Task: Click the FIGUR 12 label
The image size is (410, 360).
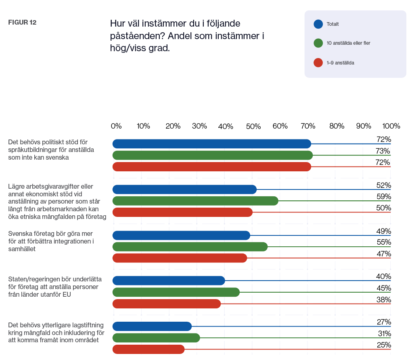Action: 22,23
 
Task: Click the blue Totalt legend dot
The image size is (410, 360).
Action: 318,24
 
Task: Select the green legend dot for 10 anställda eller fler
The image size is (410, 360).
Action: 318,43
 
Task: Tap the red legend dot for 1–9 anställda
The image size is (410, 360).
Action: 318,63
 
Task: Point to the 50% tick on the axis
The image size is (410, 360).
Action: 253,127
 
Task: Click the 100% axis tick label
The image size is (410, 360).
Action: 391,126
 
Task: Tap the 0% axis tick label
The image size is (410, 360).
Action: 116,126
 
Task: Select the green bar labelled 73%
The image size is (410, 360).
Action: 213,155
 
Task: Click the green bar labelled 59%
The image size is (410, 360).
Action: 195,201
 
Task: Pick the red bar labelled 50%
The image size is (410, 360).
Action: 182,212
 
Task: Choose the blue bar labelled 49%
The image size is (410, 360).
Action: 182,235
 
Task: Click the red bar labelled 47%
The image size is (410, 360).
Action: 180,258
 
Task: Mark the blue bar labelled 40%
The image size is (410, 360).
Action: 169,281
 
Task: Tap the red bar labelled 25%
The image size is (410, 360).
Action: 149,349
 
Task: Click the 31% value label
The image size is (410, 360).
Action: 384,334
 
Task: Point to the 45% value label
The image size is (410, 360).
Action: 384,288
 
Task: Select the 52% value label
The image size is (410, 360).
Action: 384,185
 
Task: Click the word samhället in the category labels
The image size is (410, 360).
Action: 22,249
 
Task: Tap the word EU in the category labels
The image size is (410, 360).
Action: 67,294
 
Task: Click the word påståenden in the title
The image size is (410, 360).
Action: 138,36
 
